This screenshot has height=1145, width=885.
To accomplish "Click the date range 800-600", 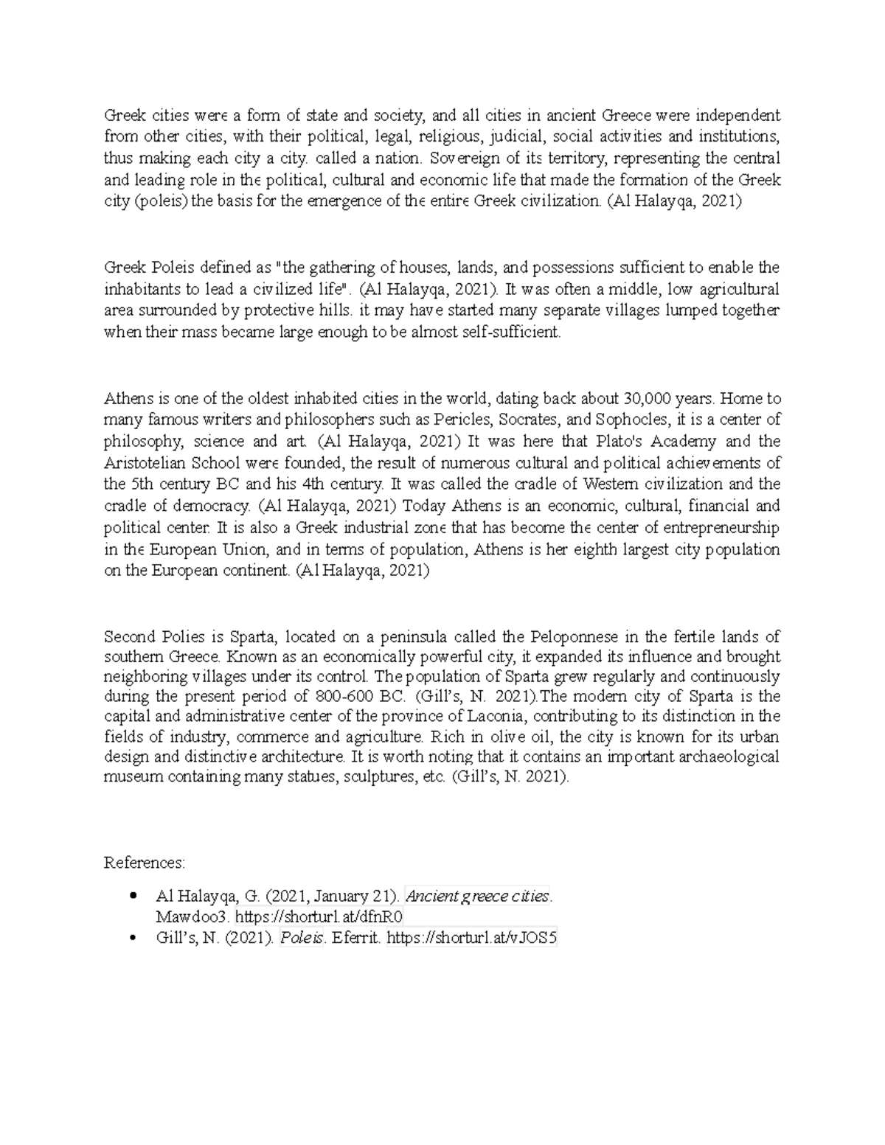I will [333, 697].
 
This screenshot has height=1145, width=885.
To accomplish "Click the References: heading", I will [145, 863].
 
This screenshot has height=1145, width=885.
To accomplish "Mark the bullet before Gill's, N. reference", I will [132, 938].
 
